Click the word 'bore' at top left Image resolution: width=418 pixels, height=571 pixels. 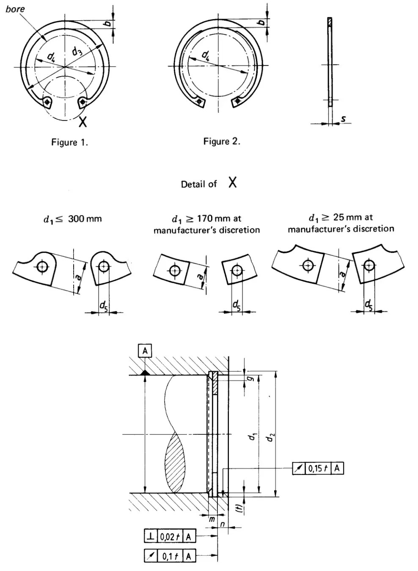pyautogui.click(x=15, y=9)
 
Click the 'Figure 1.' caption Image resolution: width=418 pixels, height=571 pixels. pyautogui.click(x=69, y=142)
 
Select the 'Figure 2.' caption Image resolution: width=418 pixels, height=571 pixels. pyautogui.click(x=222, y=141)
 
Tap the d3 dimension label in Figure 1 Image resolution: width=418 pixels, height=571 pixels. pyautogui.click(x=77, y=52)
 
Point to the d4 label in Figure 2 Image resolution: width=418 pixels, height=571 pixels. pyautogui.click(x=206, y=55)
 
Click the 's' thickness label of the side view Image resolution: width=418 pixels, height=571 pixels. pyautogui.click(x=344, y=119)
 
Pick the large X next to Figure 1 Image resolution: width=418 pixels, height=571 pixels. pyautogui.click(x=83, y=121)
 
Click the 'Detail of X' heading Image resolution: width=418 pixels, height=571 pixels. pyautogui.click(x=209, y=184)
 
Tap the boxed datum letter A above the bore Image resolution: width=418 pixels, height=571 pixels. pyautogui.click(x=145, y=351)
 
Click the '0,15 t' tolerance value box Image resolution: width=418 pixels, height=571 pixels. pyautogui.click(x=318, y=468)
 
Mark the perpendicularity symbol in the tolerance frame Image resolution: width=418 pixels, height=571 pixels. pyautogui.click(x=150, y=536)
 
